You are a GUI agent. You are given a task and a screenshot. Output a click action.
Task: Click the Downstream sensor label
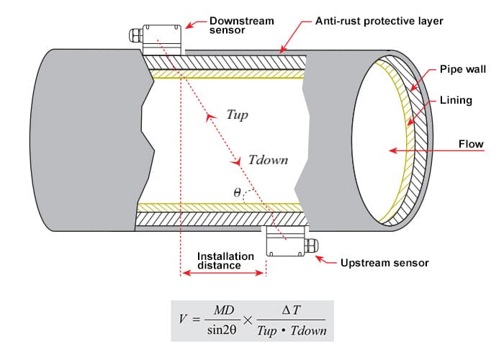[x=241, y=27]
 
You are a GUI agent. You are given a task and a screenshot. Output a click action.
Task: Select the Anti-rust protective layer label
[x=379, y=21]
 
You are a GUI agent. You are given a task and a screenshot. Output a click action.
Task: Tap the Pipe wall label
[x=463, y=69]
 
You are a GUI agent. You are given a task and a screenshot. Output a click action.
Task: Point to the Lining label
[x=455, y=100]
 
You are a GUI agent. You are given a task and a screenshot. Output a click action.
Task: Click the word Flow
[x=471, y=145]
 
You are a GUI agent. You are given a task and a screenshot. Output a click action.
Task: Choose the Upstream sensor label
[x=384, y=263]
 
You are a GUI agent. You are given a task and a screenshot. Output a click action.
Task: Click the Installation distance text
[x=225, y=261]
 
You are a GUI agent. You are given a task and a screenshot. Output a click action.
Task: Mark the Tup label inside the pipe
[x=237, y=114]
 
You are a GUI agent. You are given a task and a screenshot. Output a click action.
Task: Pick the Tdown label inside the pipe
[x=267, y=160]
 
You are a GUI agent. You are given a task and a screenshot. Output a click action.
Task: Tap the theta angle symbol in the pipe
[x=237, y=193]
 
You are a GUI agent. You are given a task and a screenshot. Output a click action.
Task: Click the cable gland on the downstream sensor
[x=135, y=34]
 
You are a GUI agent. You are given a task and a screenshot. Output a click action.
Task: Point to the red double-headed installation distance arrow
[x=222, y=273]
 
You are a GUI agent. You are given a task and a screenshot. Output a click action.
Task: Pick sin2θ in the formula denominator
[x=222, y=331]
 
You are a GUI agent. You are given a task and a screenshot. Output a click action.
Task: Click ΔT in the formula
[x=291, y=310]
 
